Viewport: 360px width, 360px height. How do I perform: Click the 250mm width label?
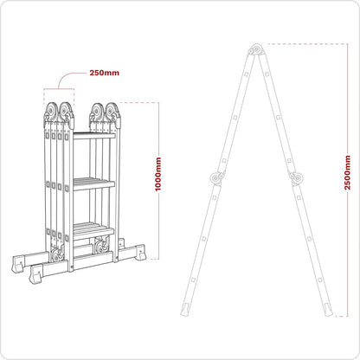pyautogui.click(x=105, y=72)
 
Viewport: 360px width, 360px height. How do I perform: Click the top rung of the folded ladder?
pyautogui.click(x=94, y=136)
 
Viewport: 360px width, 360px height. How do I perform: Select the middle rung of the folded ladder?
pyautogui.click(x=94, y=183)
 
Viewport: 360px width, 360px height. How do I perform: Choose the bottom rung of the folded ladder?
pyautogui.click(x=93, y=227)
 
